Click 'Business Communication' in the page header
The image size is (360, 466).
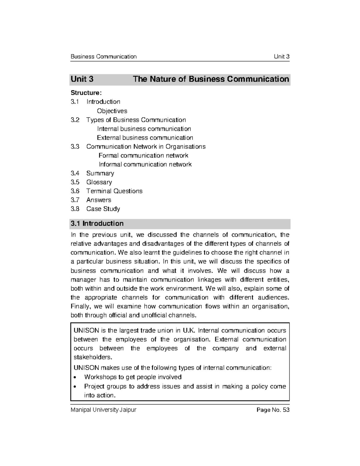(x=103, y=57)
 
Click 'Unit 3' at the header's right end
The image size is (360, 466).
(x=281, y=57)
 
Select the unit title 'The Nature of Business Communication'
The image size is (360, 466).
(x=211, y=79)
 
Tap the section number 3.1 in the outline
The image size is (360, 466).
(x=75, y=102)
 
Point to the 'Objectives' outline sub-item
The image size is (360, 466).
(x=112, y=111)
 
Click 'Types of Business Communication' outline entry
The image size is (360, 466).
(x=136, y=120)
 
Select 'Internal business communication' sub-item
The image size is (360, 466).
(x=144, y=129)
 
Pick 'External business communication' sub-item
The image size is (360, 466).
(x=145, y=138)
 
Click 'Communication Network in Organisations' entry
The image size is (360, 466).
(x=146, y=147)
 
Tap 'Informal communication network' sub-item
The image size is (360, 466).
(x=145, y=164)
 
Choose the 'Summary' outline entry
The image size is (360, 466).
(x=100, y=173)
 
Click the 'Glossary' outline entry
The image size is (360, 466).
(x=99, y=182)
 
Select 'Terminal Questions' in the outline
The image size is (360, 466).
(x=114, y=191)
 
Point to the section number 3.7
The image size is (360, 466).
(x=75, y=200)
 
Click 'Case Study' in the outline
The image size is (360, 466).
(x=103, y=209)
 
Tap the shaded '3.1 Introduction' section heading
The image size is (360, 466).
(x=97, y=224)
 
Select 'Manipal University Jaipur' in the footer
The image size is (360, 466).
(x=103, y=410)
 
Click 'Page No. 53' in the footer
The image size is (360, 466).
(x=273, y=410)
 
